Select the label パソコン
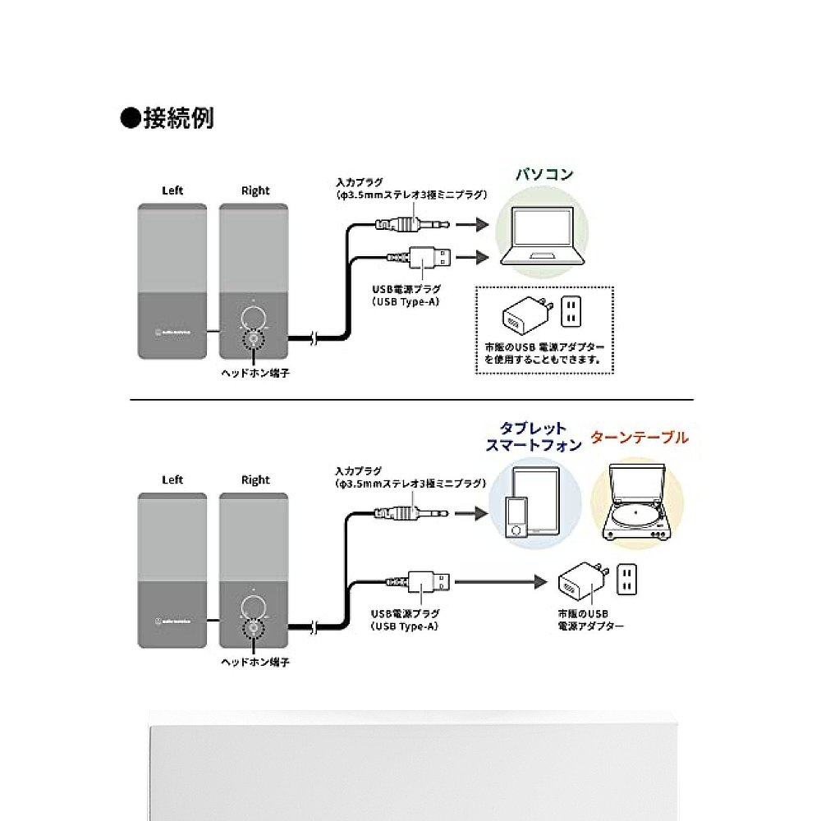(544, 175)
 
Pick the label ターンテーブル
(640, 438)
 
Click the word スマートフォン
(533, 446)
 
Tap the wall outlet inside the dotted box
(570, 313)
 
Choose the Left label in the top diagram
(172, 190)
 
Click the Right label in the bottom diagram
(255, 479)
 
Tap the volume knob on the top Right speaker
(255, 319)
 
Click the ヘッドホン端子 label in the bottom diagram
(255, 660)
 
